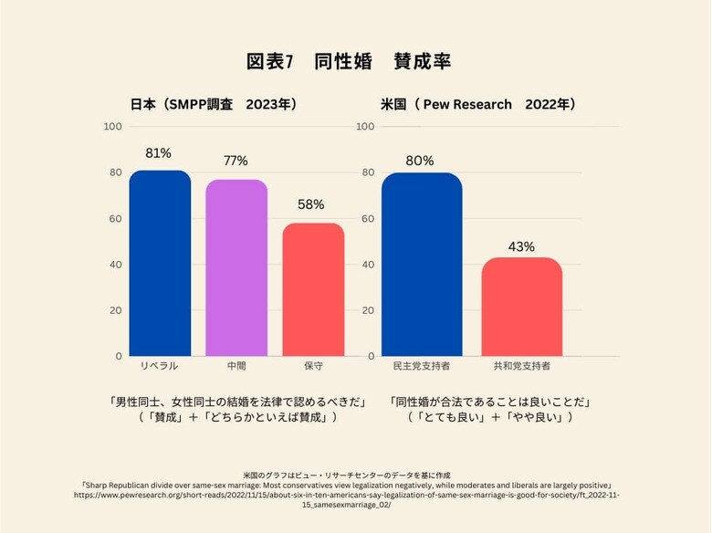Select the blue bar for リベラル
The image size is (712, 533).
pyautogui.click(x=160, y=265)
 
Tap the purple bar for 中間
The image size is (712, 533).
pyautogui.click(x=236, y=269)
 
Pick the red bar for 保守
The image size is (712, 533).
pyautogui.click(x=313, y=290)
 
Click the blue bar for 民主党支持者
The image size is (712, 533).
pyautogui.click(x=422, y=266)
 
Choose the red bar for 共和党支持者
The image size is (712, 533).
pyautogui.click(x=522, y=308)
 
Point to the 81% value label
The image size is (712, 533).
pyautogui.click(x=159, y=153)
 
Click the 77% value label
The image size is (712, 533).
pyautogui.click(x=236, y=162)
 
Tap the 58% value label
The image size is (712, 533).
pyautogui.click(x=311, y=204)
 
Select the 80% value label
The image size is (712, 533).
pyautogui.click(x=420, y=161)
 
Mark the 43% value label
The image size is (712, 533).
pyautogui.click(x=522, y=246)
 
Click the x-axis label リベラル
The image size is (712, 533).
pyautogui.click(x=159, y=366)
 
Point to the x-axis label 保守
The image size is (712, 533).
pyautogui.click(x=313, y=366)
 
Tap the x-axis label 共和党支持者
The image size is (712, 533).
pyautogui.click(x=522, y=366)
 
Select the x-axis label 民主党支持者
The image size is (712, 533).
pyautogui.click(x=421, y=366)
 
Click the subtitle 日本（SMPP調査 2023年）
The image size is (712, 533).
pyautogui.click(x=215, y=105)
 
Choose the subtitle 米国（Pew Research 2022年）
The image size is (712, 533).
pyautogui.click(x=478, y=105)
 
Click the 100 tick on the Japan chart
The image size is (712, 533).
pyautogui.click(x=112, y=126)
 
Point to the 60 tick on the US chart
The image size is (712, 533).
pyautogui.click(x=368, y=218)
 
